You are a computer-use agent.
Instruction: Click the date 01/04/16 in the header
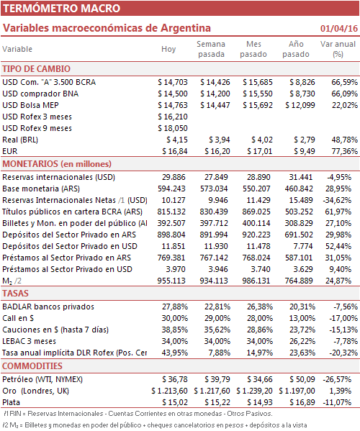coord(339,28)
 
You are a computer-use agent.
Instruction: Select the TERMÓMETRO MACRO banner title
coord(62,8)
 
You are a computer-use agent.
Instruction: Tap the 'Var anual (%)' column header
coord(338,49)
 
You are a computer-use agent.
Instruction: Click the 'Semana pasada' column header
coord(211,49)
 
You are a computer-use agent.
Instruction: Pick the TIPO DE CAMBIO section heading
coord(36,69)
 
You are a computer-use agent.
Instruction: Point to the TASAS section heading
coord(15,294)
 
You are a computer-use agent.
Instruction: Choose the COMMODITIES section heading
coord(32,366)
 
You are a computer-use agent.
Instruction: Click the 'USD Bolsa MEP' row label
coord(30,105)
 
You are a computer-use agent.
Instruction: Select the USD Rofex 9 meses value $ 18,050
coord(173,128)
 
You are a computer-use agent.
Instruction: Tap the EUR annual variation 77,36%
coord(345,151)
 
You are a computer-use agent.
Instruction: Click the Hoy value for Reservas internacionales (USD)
coord(174,177)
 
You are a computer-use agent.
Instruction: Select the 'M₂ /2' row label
coord(12,281)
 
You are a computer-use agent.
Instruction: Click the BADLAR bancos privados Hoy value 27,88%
coord(175,307)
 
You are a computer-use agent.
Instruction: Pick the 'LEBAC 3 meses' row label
coord(29,341)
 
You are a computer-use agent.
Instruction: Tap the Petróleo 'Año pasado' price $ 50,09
coord(302,380)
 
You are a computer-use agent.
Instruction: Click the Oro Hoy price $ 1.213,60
coord(169,391)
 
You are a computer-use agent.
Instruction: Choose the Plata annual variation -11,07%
coord(337,402)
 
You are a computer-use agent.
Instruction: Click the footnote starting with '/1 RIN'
coord(138,414)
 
